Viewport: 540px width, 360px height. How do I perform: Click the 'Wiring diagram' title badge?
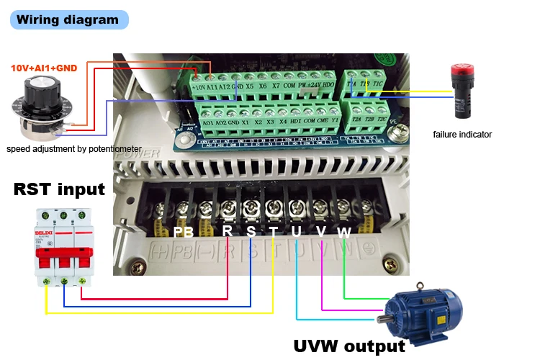tap(68, 19)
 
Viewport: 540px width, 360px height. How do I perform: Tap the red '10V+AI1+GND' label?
tap(43, 68)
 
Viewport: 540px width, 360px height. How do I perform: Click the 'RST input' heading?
tap(59, 189)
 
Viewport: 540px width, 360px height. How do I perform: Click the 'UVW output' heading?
tap(349, 346)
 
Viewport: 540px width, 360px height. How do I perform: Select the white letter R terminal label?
tap(228, 231)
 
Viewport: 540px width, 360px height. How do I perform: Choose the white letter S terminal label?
tap(251, 231)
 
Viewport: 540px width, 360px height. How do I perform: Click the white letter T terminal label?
tap(274, 232)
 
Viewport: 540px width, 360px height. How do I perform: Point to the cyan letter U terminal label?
tap(297, 232)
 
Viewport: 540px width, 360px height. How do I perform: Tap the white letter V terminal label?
tap(321, 232)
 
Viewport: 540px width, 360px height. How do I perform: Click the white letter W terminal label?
tap(344, 232)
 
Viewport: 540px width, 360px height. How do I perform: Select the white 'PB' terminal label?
tap(184, 232)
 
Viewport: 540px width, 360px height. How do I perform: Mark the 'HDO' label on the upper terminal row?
tap(328, 85)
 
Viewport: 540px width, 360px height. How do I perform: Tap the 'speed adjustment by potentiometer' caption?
tap(73, 149)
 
